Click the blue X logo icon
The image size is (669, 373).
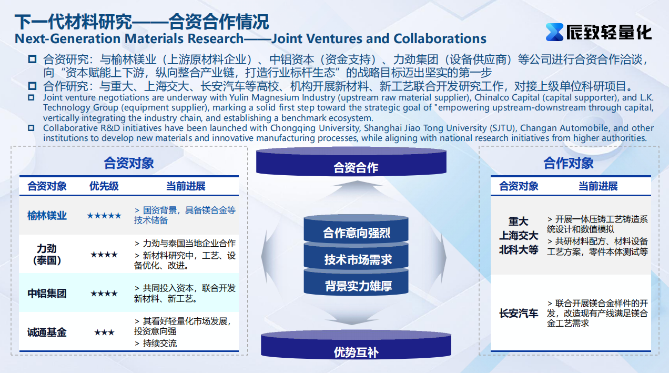coord(554,32)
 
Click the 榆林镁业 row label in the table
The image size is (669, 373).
coord(47,215)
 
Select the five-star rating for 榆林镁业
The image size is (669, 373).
coord(104,216)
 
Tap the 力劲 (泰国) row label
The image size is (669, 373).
coord(47,255)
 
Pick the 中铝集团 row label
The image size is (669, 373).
coord(47,293)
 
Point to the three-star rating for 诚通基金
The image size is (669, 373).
coord(104,332)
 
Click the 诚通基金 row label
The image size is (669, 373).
coord(47,332)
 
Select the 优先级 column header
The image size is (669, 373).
coord(104,186)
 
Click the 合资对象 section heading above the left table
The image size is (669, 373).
coord(129,163)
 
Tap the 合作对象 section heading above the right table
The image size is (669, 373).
coord(569,163)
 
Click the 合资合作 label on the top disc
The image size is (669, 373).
coord(356,167)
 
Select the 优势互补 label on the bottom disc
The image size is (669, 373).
coord(356,352)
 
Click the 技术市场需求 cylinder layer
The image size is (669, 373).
coord(356,257)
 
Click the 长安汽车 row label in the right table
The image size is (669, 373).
coord(519,313)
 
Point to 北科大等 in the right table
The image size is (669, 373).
coord(519,250)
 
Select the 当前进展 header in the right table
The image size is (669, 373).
coord(598,186)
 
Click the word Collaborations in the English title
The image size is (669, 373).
coord(440,38)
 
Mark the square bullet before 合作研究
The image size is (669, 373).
coord(32,86)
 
